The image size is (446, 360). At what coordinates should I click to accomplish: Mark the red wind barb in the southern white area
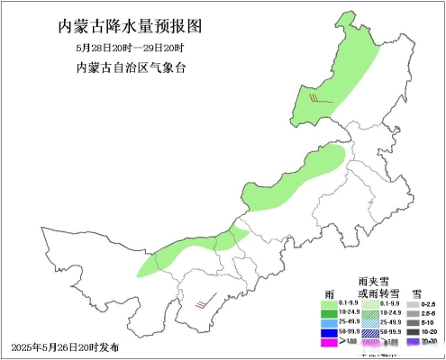(206, 301)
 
